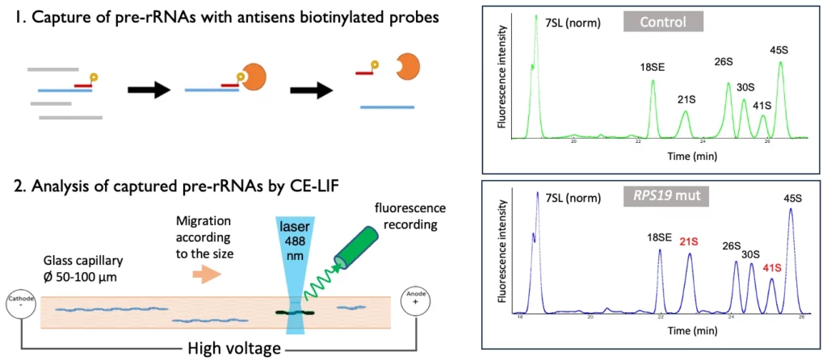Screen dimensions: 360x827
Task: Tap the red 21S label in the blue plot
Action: (x=689, y=241)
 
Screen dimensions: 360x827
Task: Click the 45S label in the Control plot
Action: (x=779, y=50)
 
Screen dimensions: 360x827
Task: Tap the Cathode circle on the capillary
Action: (x=23, y=306)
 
